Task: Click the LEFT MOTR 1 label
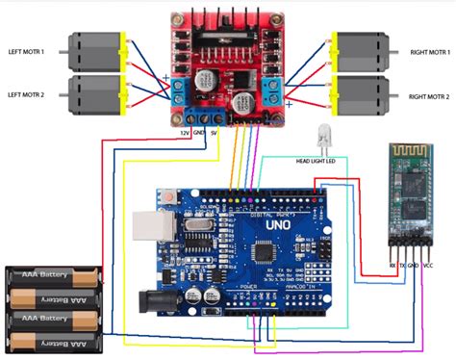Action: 32,51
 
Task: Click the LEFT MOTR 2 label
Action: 32,94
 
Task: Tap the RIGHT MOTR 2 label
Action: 427,97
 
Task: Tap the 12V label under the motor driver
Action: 184,131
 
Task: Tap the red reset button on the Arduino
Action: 169,196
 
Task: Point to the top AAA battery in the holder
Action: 55,278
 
